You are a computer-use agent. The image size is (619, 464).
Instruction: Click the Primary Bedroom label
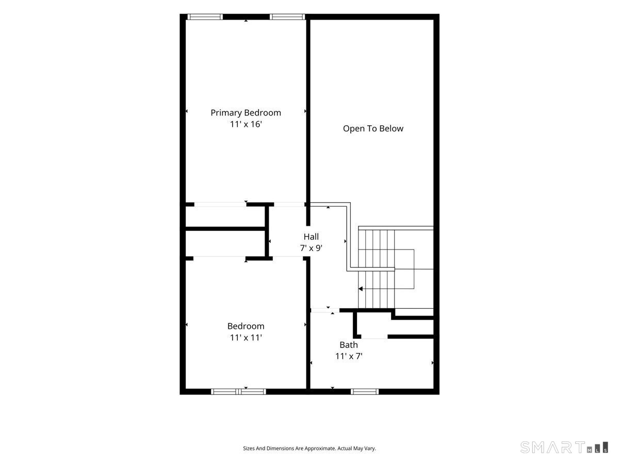[x=246, y=113]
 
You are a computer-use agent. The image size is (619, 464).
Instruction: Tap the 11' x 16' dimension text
[x=246, y=124]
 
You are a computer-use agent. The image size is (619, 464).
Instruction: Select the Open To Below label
[x=373, y=129]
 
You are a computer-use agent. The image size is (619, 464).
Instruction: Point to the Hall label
[x=311, y=237]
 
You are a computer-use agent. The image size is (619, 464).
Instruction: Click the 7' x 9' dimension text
[x=311, y=248]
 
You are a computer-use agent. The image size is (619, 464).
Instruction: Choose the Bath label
[x=349, y=345]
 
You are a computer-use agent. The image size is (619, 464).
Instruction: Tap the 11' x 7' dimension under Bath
[x=349, y=356]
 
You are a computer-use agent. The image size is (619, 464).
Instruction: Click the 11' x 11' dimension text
[x=246, y=338]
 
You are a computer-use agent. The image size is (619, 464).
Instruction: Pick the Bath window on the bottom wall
[x=365, y=391]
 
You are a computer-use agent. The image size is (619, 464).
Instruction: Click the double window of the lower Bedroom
[x=239, y=391]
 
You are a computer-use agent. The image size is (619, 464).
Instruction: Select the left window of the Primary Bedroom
[x=205, y=17]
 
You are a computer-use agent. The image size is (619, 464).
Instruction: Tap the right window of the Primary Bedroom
[x=287, y=17]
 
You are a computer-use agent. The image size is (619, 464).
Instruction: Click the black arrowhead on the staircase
[x=361, y=289]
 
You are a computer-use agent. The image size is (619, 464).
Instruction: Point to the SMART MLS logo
[x=564, y=447]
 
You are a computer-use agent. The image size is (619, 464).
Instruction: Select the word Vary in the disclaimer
[x=370, y=449]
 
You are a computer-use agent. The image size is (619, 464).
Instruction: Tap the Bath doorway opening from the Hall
[x=325, y=310]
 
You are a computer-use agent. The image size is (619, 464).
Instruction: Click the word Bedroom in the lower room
[x=246, y=326]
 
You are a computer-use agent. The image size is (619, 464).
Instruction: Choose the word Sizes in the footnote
[x=249, y=449]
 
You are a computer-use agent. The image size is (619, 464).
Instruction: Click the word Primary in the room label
[x=226, y=113]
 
